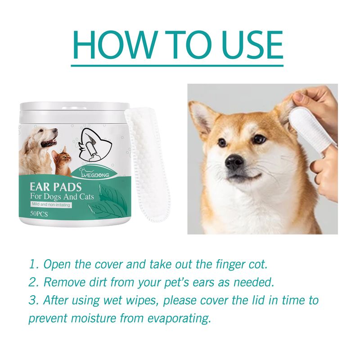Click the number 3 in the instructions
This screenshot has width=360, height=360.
pyautogui.click(x=32, y=301)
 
